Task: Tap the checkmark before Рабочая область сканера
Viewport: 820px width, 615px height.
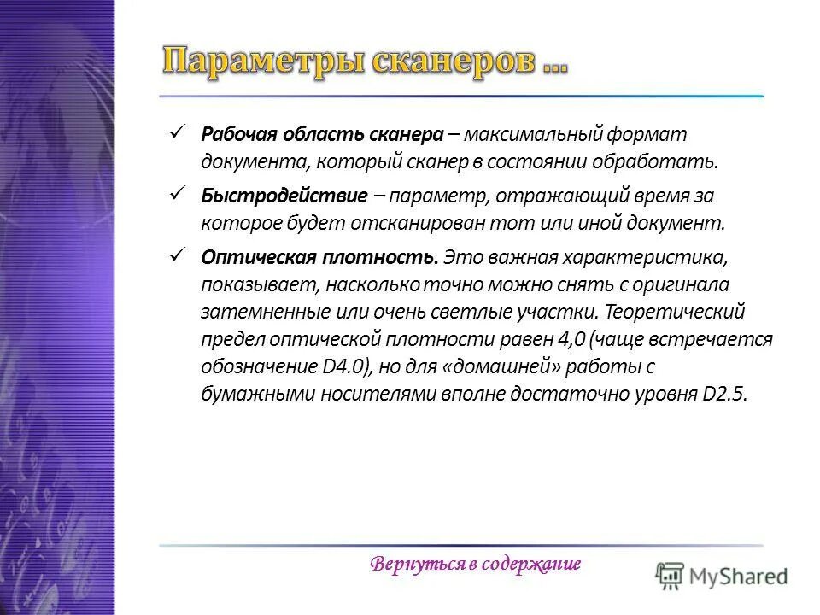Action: click(x=178, y=133)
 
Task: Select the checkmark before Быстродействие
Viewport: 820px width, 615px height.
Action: click(x=178, y=195)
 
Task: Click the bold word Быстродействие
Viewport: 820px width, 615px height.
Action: click(x=283, y=196)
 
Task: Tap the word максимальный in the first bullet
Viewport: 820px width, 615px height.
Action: click(x=535, y=135)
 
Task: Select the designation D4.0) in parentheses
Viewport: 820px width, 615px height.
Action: click(x=343, y=366)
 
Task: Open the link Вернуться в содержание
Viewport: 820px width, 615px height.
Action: click(x=476, y=565)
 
